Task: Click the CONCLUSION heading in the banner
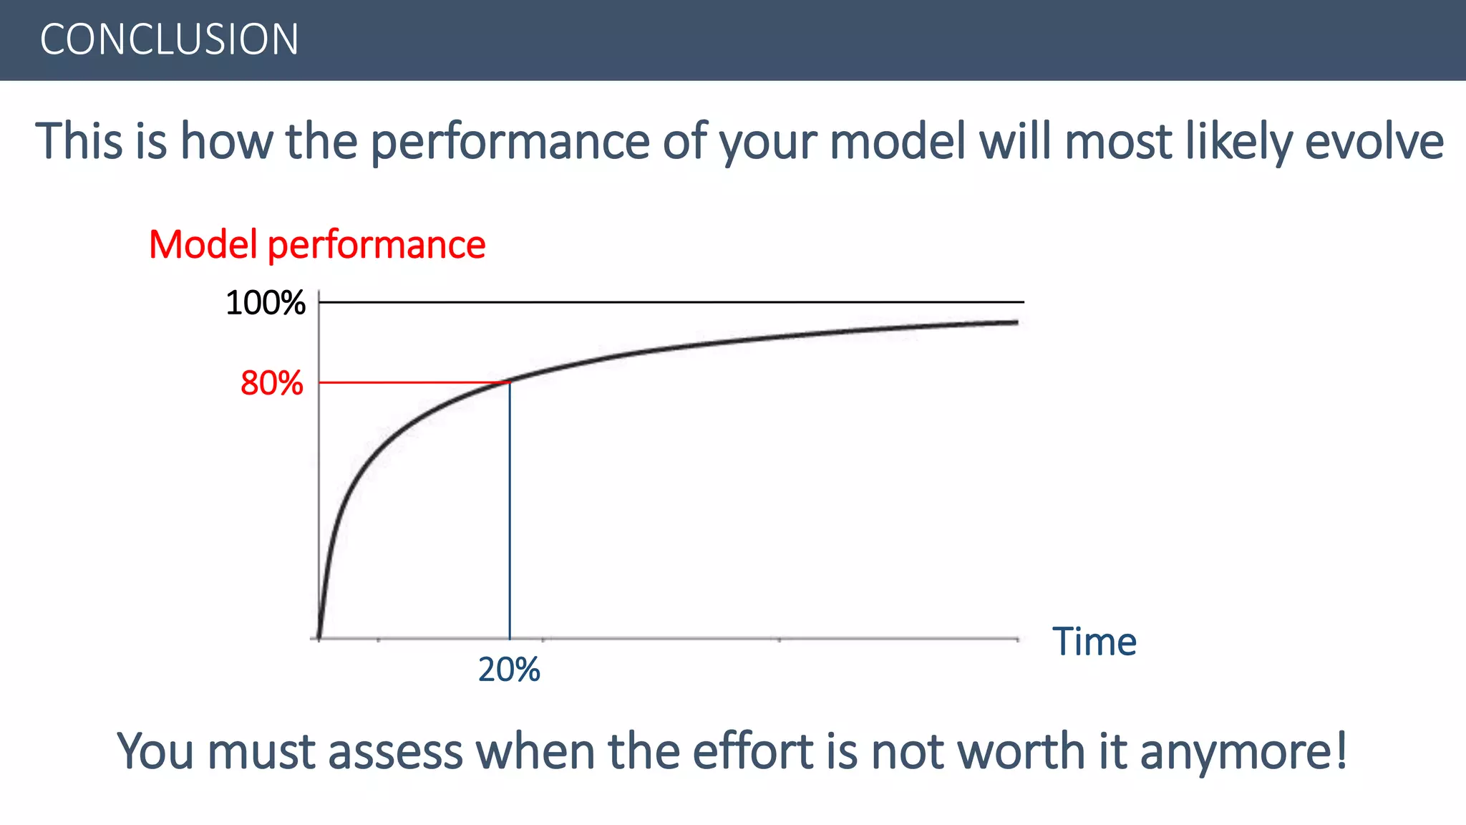pyautogui.click(x=169, y=39)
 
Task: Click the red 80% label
pyautogui.click(x=271, y=383)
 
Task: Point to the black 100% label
pyautogui.click(x=266, y=303)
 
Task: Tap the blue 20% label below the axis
pyautogui.click(x=509, y=670)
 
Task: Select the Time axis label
pyautogui.click(x=1094, y=642)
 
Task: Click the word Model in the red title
pyautogui.click(x=203, y=245)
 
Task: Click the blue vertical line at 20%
pyautogui.click(x=510, y=516)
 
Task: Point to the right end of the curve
pyautogui.click(x=1016, y=323)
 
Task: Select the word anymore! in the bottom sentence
pyautogui.click(x=1243, y=752)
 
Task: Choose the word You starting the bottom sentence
pyautogui.click(x=155, y=751)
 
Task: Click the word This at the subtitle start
pyautogui.click(x=79, y=141)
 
